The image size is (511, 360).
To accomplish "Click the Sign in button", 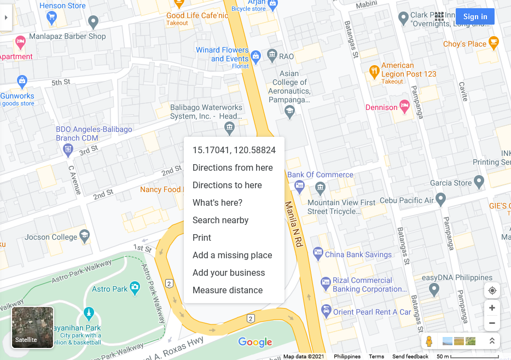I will point(475,16).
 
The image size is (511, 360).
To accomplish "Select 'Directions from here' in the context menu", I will point(233,167).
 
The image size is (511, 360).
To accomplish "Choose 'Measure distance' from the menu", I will point(228,290).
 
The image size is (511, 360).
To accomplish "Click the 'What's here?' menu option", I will point(217,202).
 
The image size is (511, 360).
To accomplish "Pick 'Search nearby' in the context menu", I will point(220,220).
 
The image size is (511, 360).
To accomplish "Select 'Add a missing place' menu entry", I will point(232,255).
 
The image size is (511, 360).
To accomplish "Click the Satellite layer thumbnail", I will point(33,327).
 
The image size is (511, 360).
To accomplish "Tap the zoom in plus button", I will point(492,308).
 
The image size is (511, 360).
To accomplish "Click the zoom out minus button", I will point(492,323).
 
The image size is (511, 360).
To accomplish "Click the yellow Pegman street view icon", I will point(429,341).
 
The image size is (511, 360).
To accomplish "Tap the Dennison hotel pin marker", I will point(405,107).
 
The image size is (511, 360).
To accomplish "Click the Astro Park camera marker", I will point(135,288).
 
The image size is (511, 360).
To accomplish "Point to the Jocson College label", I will point(51,237).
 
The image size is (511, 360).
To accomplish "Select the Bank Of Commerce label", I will point(320,175).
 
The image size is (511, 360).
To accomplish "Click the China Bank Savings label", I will point(358,254).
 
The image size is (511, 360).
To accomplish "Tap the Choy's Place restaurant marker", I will point(494,43).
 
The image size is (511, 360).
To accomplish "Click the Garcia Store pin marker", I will point(479,181).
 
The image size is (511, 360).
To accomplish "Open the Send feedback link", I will point(410,357).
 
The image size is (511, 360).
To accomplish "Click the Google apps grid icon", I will point(439,16).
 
